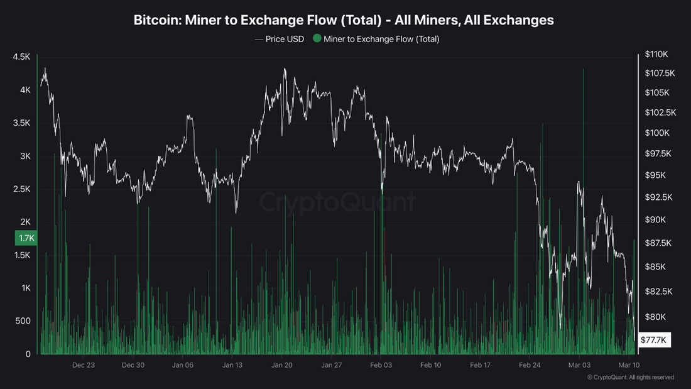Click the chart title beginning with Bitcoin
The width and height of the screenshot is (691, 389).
[x=344, y=19]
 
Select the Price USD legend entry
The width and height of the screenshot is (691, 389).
[x=280, y=39]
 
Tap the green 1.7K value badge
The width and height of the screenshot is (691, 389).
[x=26, y=238]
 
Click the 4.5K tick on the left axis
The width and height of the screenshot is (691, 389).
[x=21, y=57]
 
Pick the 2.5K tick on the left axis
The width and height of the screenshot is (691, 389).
[x=21, y=189]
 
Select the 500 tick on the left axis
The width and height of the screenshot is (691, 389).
[x=23, y=321]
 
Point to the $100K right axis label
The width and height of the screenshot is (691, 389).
[x=657, y=133]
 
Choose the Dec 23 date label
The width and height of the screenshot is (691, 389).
[x=84, y=364]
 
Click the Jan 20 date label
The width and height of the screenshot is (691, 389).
[x=282, y=364]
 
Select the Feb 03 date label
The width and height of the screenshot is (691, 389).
[x=381, y=364]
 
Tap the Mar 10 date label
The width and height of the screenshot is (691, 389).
[x=628, y=364]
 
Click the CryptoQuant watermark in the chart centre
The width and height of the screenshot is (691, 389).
[x=338, y=203]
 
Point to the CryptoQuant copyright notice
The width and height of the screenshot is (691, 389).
[x=630, y=378]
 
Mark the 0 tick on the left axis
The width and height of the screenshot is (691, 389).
[x=28, y=354]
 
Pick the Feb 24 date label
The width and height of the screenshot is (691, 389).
[x=530, y=364]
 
